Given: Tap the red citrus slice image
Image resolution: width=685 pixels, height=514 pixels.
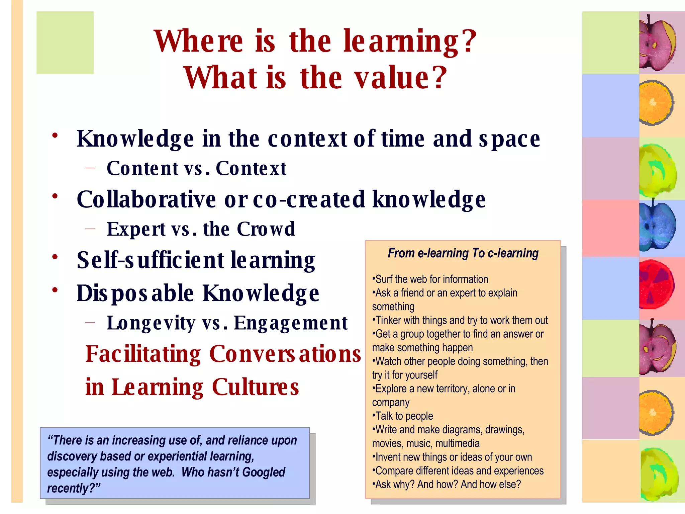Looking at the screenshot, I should pyautogui.click(x=656, y=284).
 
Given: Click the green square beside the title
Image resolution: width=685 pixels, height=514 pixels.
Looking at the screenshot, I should pyautogui.click(x=65, y=42).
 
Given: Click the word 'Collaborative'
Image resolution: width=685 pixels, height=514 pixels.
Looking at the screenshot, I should pyautogui.click(x=146, y=199).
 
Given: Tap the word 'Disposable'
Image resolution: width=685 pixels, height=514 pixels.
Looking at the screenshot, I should pyautogui.click(x=135, y=293).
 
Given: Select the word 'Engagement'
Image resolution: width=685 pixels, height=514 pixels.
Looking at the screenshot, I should pyautogui.click(x=291, y=323).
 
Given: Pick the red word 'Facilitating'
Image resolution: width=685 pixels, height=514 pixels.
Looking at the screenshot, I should pyautogui.click(x=143, y=354).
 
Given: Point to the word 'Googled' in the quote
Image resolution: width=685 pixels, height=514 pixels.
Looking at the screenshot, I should pyautogui.click(x=264, y=472).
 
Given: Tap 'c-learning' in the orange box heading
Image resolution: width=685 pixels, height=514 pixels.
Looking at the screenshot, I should pyautogui.click(x=513, y=253).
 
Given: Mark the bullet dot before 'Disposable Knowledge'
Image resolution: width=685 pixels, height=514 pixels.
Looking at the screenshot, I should pyautogui.click(x=55, y=290).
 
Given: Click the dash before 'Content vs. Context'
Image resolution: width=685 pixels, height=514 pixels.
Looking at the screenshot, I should pyautogui.click(x=90, y=168).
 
